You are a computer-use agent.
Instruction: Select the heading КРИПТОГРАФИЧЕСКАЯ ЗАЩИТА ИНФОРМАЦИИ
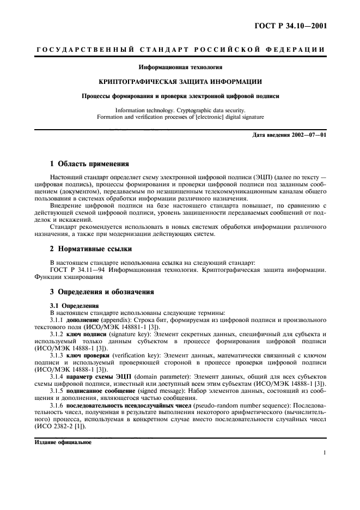pyautogui.click(x=180, y=82)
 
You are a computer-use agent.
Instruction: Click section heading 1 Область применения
pyautogui.click(x=89, y=163)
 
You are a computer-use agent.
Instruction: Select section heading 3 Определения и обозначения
pyautogui.click(x=102, y=292)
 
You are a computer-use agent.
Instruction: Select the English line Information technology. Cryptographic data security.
pyautogui.click(x=180, y=110)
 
